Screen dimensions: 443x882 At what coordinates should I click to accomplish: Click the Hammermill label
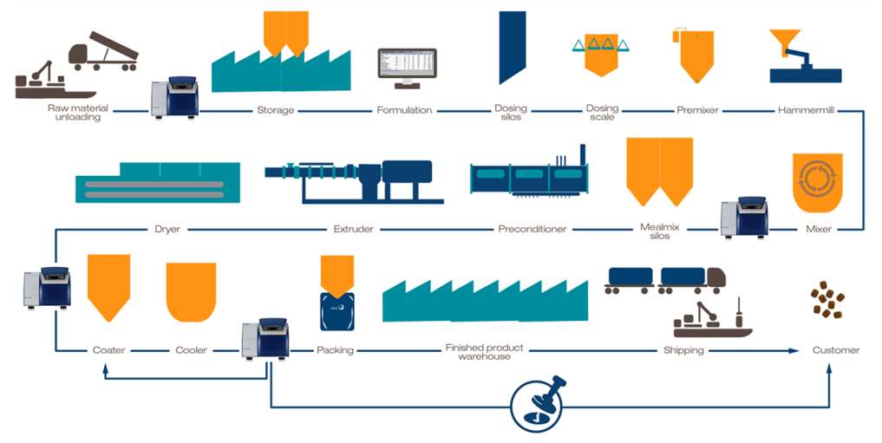coord(806,111)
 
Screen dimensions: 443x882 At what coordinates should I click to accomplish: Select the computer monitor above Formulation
coord(406,67)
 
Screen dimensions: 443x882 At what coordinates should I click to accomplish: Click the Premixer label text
coord(697,111)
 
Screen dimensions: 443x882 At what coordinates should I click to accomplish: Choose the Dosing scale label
coord(602,113)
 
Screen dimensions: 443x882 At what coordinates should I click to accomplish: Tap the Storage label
coord(275,111)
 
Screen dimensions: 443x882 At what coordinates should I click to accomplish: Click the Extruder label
coord(354,230)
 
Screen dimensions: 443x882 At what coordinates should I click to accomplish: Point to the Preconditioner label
coord(532,230)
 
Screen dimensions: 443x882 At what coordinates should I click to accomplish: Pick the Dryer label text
coord(167,230)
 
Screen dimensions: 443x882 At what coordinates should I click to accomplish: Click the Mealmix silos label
coord(659,231)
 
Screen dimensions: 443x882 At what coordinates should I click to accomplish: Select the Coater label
coord(109,350)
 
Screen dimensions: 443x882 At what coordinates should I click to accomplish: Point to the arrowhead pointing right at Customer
coord(793,350)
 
